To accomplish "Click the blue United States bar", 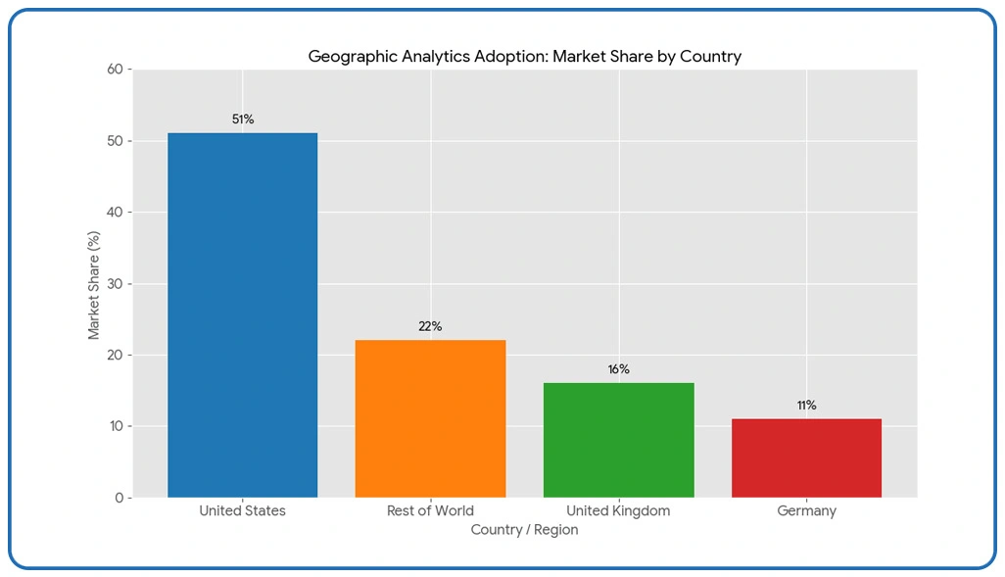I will [x=242, y=314].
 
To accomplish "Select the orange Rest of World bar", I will [x=430, y=418].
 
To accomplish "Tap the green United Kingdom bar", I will [x=618, y=440].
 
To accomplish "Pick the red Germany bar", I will [x=806, y=457].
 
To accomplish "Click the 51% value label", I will [x=243, y=120].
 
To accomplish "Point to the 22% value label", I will [x=430, y=326].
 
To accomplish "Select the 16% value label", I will [x=618, y=369].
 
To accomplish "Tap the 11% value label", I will [x=806, y=406].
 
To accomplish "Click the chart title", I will [x=524, y=57].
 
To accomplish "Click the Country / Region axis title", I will [x=524, y=530].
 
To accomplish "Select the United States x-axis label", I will [x=242, y=510].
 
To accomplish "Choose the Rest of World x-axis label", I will [x=430, y=510].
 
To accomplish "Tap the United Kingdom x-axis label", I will [x=618, y=510].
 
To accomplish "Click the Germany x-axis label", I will [x=806, y=510].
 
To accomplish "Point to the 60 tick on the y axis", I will [x=117, y=70].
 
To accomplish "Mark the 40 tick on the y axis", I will [x=117, y=213].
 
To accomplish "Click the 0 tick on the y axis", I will [x=120, y=498].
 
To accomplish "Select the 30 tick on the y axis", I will [x=117, y=284].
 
